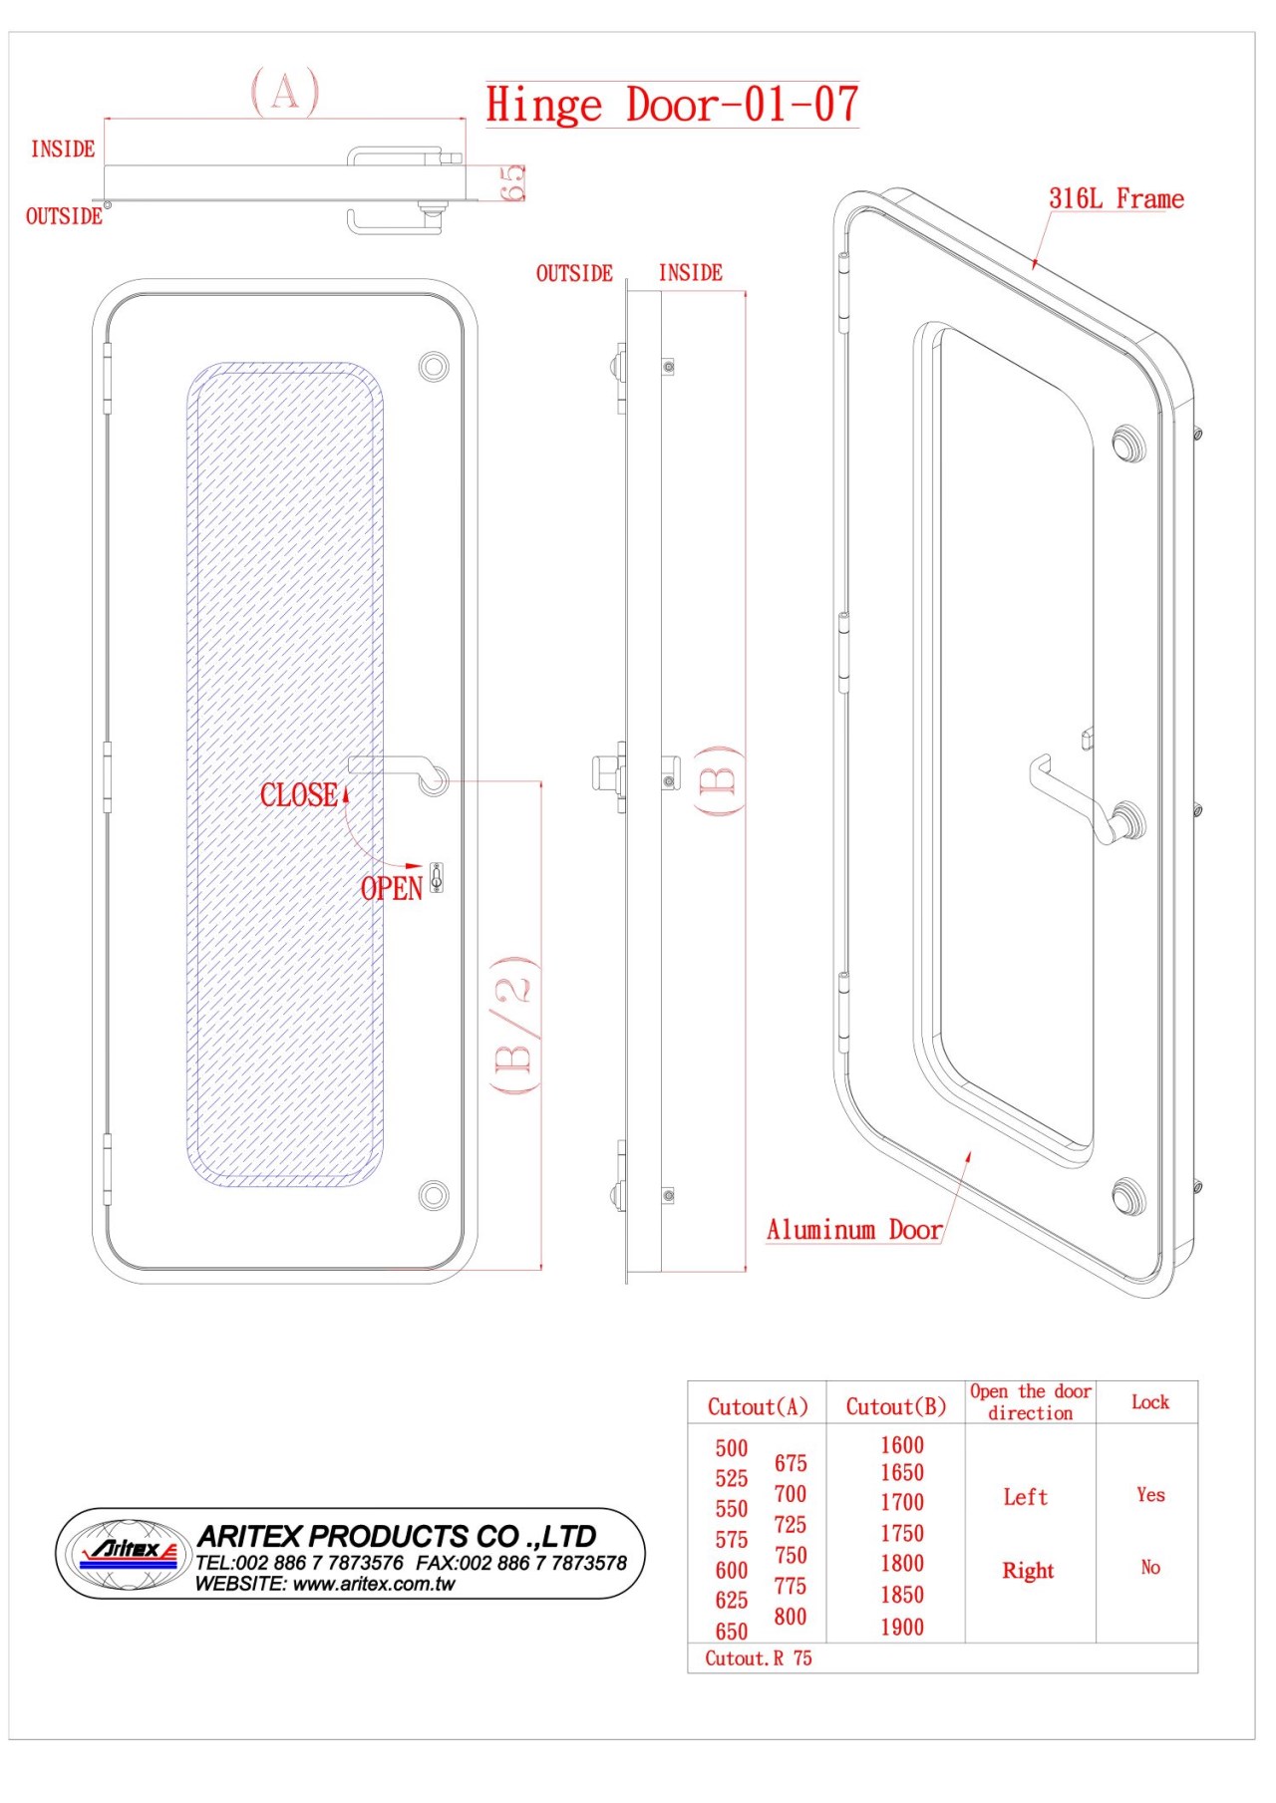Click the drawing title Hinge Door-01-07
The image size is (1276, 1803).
tap(672, 105)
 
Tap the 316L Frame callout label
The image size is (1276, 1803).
tap(1116, 198)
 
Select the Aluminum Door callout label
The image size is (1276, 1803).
tap(854, 1230)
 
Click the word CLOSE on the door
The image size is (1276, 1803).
tap(298, 794)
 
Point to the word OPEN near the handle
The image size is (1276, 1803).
tap(392, 888)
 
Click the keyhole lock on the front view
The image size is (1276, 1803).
tap(436, 877)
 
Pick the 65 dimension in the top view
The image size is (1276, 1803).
tap(512, 183)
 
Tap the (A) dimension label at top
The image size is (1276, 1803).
tap(285, 92)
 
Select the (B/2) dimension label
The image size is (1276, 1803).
tap(515, 1026)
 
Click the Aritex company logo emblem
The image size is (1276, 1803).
tap(128, 1552)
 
